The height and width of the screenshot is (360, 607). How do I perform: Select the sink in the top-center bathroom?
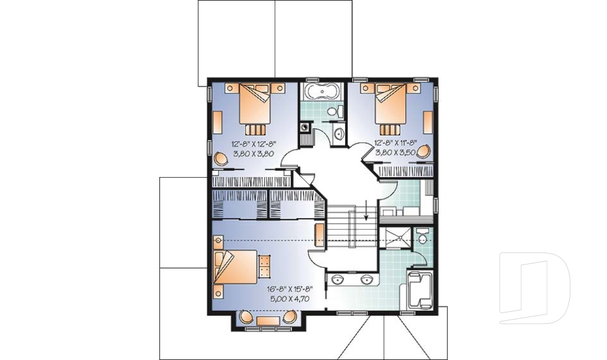click(338, 133)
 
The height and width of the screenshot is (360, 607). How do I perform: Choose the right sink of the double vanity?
click(365, 280)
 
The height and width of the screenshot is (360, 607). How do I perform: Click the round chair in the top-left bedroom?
click(222, 158)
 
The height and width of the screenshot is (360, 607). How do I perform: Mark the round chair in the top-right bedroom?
click(426, 152)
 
